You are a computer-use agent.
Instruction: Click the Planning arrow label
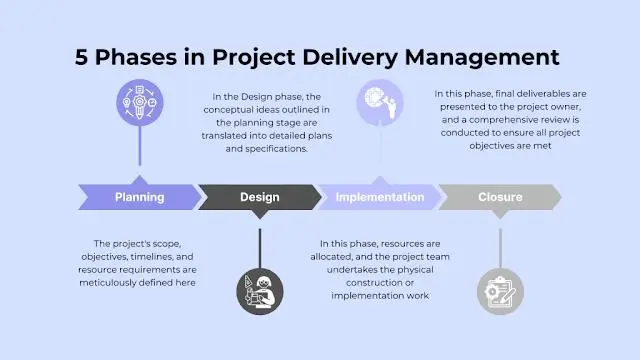[140, 197]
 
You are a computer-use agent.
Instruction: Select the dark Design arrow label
[260, 197]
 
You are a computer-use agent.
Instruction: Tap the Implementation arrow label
[380, 197]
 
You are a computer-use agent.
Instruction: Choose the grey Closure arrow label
[500, 197]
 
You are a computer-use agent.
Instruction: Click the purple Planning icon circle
[140, 102]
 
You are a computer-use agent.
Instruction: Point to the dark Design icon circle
[260, 291]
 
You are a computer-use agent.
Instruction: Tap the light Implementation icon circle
[380, 102]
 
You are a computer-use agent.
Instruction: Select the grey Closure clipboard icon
[500, 291]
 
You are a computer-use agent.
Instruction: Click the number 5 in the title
[81, 57]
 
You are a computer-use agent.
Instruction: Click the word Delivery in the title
[350, 57]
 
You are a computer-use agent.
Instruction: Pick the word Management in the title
[482, 57]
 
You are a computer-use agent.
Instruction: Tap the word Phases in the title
[136, 57]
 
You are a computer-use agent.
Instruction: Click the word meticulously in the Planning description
[107, 282]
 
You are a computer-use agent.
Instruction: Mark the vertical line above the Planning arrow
[140, 146]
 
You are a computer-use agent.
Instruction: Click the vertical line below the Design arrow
[260, 248]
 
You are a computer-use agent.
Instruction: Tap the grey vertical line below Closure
[500, 248]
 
